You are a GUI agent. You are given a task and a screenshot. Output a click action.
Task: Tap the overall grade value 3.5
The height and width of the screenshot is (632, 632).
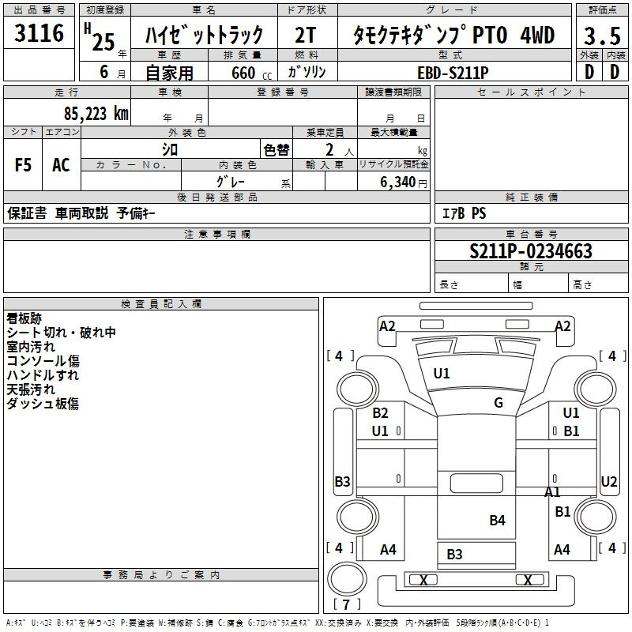click(x=601, y=36)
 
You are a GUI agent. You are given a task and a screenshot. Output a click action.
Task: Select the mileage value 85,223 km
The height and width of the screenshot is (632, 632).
click(x=96, y=114)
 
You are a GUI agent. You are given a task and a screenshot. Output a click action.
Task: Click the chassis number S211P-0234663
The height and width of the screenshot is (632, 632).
click(x=531, y=252)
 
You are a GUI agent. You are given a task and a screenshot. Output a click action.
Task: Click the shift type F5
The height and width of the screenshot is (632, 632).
click(x=24, y=164)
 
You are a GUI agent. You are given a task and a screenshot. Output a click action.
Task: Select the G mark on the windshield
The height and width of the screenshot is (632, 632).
click(x=498, y=403)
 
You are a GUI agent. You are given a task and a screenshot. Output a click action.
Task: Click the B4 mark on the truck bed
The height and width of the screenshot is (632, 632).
click(x=497, y=520)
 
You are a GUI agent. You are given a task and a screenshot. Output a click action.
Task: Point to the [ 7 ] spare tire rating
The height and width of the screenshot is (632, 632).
click(x=348, y=605)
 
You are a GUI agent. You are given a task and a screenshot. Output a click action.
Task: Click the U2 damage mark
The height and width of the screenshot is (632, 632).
click(x=609, y=481)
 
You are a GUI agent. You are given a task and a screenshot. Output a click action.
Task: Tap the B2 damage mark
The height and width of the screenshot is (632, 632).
click(x=381, y=413)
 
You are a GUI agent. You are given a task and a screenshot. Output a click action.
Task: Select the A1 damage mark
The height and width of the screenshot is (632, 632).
click(x=553, y=492)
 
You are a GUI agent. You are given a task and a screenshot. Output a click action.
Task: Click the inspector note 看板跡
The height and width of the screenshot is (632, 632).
click(x=24, y=318)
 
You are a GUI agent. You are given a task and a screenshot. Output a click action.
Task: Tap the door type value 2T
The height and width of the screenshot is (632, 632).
click(x=308, y=35)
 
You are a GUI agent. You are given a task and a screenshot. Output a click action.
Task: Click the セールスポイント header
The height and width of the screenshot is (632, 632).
click(x=532, y=92)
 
